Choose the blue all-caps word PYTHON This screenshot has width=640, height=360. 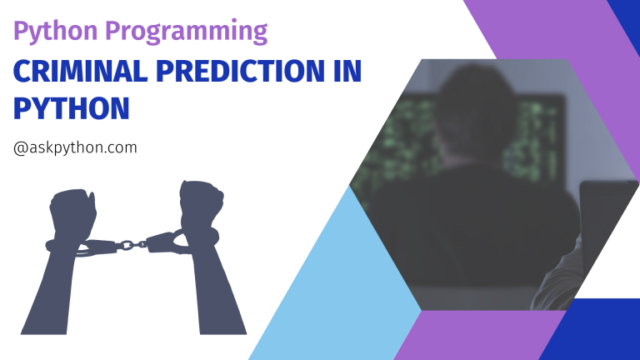click(x=71, y=107)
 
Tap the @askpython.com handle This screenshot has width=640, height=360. click(x=75, y=147)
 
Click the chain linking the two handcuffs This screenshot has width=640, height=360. click(x=127, y=244)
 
